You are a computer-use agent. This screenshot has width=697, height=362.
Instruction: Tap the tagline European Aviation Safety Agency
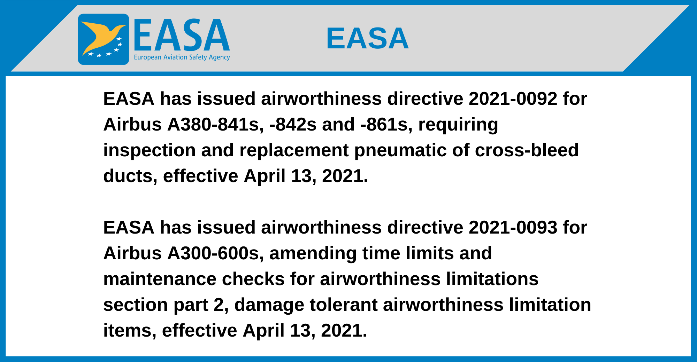pyautogui.click(x=182, y=57)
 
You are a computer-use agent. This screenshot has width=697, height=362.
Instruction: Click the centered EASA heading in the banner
pyautogui.click(x=367, y=38)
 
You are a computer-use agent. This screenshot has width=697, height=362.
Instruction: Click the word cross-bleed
pyautogui.click(x=527, y=150)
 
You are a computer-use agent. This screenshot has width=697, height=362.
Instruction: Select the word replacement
pyautogui.click(x=294, y=151)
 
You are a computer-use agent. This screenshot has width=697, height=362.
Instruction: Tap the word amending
pyautogui.click(x=313, y=254)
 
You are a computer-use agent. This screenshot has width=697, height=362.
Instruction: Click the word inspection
pyautogui.click(x=150, y=151)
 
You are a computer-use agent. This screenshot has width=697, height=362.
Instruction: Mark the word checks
pyautogui.click(x=253, y=279)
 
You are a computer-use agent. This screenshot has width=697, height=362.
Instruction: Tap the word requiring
pyautogui.click(x=458, y=125)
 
